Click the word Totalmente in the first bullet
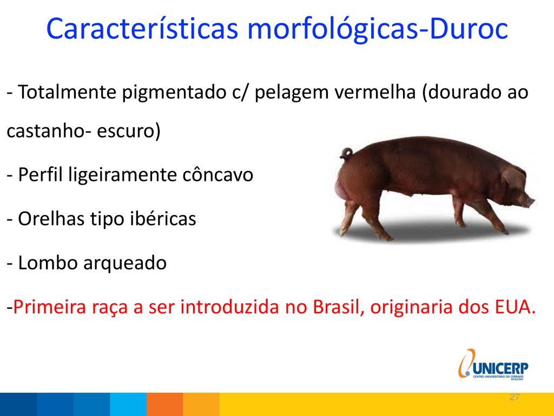click(x=67, y=92)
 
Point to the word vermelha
click(x=375, y=92)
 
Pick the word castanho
click(x=45, y=131)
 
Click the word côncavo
click(x=217, y=175)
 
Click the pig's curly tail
click(x=347, y=153)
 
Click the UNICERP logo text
click(x=500, y=368)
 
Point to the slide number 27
click(x=515, y=397)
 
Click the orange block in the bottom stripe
click(x=164, y=404)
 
